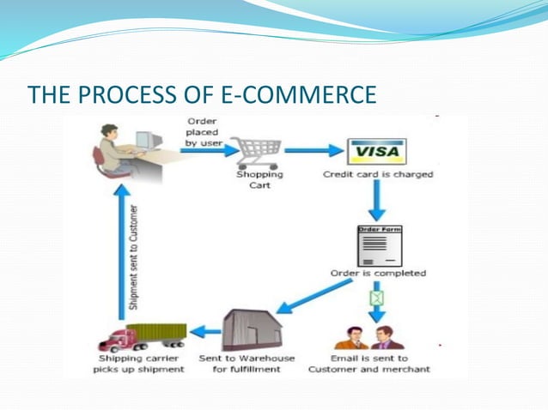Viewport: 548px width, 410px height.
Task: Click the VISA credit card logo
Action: tap(377, 152)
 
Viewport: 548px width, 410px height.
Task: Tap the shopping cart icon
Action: tap(254, 153)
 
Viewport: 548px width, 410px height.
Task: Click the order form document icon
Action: tap(379, 245)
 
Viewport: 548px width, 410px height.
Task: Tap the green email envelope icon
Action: tap(375, 298)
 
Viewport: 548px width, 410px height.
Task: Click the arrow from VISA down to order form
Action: tap(377, 202)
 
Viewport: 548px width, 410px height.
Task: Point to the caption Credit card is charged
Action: tap(378, 174)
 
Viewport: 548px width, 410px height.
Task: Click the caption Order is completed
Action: tap(378, 274)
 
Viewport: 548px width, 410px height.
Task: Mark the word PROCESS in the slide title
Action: tap(129, 94)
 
